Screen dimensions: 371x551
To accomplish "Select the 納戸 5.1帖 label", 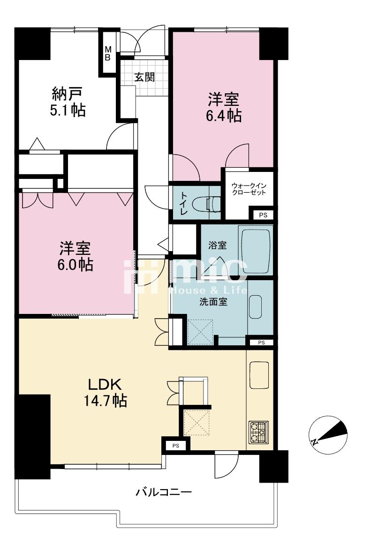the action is [x=68, y=102].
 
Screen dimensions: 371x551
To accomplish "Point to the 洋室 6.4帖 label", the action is [x=224, y=107].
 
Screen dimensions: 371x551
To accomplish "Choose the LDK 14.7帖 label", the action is [x=105, y=393].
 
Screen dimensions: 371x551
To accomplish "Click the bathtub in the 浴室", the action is [x=255, y=250].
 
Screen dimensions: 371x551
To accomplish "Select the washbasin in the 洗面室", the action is [x=255, y=307].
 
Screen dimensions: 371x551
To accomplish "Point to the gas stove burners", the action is [x=259, y=432].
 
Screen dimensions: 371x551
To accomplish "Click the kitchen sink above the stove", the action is [x=259, y=375].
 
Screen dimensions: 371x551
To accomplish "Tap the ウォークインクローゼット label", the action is [x=249, y=189].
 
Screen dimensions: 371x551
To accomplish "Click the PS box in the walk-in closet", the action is [x=263, y=215].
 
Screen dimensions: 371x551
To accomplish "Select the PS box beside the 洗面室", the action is [x=261, y=343].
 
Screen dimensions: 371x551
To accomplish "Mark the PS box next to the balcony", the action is [x=176, y=446].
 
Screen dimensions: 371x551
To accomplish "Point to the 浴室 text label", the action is [x=217, y=245].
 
